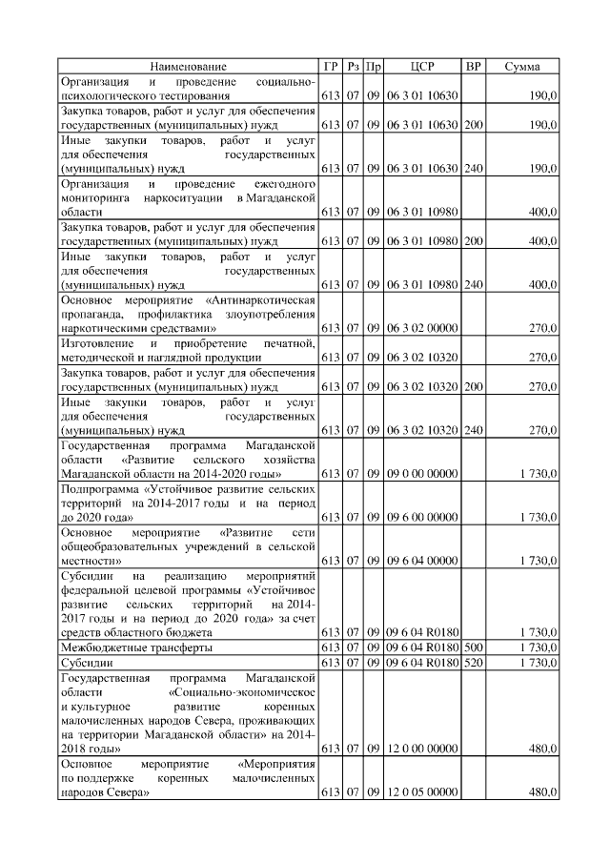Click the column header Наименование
pos(188,67)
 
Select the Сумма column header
pos(522,67)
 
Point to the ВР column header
pos(474,67)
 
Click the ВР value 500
pos(474,647)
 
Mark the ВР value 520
pos(474,662)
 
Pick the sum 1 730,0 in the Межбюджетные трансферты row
pos(538,647)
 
